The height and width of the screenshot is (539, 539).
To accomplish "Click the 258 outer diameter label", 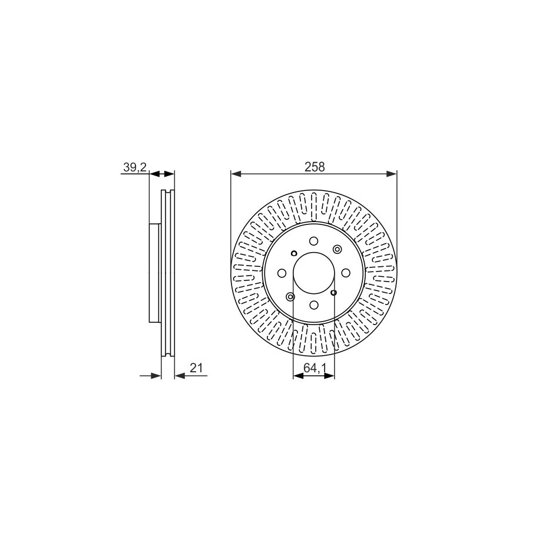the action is (x=315, y=167).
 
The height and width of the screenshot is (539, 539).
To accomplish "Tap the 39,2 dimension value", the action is (x=135, y=167).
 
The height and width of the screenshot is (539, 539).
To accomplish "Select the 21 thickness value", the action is (x=196, y=368).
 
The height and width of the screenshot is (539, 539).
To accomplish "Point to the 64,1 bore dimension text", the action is (x=315, y=368).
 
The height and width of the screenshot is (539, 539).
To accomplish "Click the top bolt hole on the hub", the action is (x=313, y=240).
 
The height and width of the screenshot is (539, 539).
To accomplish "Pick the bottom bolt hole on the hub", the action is (x=313, y=305).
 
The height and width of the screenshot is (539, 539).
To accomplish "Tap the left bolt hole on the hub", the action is (x=282, y=273).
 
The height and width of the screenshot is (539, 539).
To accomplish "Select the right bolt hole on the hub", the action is (x=346, y=273).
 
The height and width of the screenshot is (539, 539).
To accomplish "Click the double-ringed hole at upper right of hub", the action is (x=336, y=249).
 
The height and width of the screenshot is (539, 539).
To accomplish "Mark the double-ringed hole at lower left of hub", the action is (x=290, y=296).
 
